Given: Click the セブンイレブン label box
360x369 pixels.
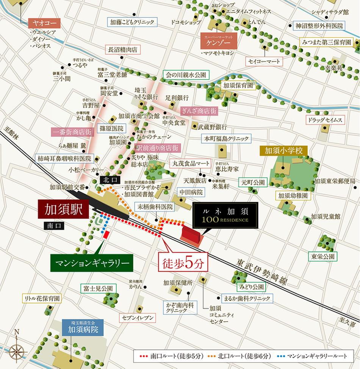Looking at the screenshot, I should (x=138, y=318).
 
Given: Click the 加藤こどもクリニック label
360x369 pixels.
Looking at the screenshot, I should (x=131, y=22).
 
